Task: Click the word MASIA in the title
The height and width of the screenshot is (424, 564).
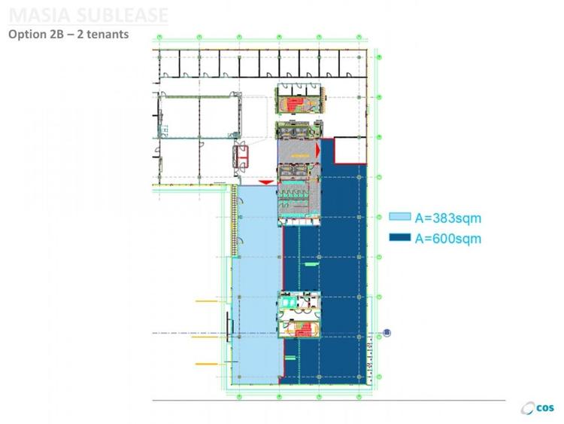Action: click(x=37, y=15)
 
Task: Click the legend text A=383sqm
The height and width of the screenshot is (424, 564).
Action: click(x=447, y=218)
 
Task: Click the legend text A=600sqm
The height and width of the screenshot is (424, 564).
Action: click(x=447, y=239)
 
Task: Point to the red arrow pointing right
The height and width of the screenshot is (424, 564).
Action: click(x=319, y=152)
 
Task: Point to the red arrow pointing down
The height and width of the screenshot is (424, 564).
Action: click(x=264, y=183)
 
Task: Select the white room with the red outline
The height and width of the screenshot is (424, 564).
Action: click(x=348, y=150)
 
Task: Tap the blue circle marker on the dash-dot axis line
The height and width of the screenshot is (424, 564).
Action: click(x=387, y=332)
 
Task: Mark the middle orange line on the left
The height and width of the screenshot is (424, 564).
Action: click(x=204, y=337)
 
